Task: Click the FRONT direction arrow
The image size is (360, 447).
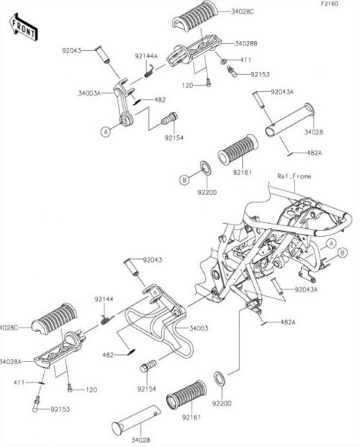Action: click(x=23, y=27)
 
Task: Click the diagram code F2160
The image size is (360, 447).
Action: click(x=330, y=4)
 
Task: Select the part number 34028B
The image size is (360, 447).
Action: click(x=246, y=44)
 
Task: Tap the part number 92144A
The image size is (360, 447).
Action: click(x=146, y=56)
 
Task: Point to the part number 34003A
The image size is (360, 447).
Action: click(x=89, y=93)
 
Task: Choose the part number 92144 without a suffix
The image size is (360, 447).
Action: click(x=104, y=299)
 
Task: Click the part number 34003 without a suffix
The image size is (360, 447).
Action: click(x=199, y=328)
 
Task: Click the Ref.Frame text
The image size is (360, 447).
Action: click(x=294, y=176)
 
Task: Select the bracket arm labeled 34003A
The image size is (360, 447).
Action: click(x=123, y=103)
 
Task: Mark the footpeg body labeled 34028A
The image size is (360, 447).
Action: click(x=58, y=350)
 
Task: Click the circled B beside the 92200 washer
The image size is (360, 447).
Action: click(x=184, y=180)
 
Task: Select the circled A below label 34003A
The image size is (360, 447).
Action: click(x=106, y=132)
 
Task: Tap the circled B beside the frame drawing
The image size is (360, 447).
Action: click(x=343, y=253)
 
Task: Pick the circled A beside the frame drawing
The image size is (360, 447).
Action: click(x=331, y=244)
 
